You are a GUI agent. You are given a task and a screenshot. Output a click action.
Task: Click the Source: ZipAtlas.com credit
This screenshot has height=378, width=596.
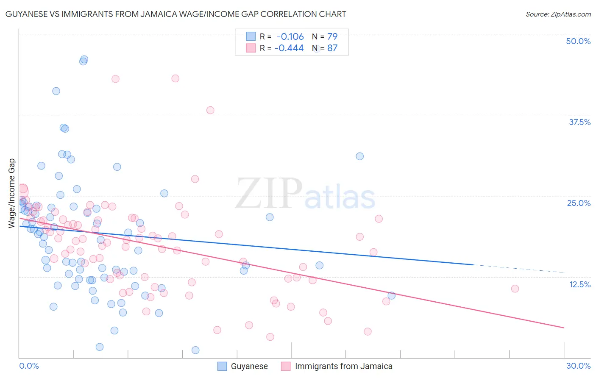(558, 14)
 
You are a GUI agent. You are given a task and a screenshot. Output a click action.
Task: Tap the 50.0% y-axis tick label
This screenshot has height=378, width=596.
(578, 41)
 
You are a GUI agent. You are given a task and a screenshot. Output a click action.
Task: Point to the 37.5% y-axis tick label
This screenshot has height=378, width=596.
(579, 122)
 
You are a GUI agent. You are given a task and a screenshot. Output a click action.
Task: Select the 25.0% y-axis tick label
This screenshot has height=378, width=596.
(579, 203)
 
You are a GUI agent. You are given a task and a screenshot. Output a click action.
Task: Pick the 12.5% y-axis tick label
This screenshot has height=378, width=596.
(579, 284)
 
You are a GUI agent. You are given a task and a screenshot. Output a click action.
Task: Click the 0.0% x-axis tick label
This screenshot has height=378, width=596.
(29, 366)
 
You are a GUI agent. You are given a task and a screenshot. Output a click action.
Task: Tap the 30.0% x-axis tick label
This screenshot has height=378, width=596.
(578, 366)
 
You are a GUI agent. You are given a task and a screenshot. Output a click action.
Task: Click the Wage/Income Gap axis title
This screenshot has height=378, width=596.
(12, 193)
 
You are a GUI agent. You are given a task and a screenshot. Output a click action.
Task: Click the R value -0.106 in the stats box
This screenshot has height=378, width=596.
(290, 37)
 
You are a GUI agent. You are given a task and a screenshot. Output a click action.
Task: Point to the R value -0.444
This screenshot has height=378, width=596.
(289, 48)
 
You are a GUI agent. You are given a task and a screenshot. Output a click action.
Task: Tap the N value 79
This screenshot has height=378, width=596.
(332, 37)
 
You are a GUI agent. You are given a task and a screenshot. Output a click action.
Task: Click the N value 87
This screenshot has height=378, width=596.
(332, 48)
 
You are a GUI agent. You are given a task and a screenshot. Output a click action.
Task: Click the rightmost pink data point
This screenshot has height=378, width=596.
(515, 289)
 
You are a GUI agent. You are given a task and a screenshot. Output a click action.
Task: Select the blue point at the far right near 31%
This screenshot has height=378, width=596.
(359, 156)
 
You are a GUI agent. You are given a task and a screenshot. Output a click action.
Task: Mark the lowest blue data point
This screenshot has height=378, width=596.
(195, 350)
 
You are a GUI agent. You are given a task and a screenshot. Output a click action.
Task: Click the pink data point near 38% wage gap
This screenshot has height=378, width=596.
(210, 110)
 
